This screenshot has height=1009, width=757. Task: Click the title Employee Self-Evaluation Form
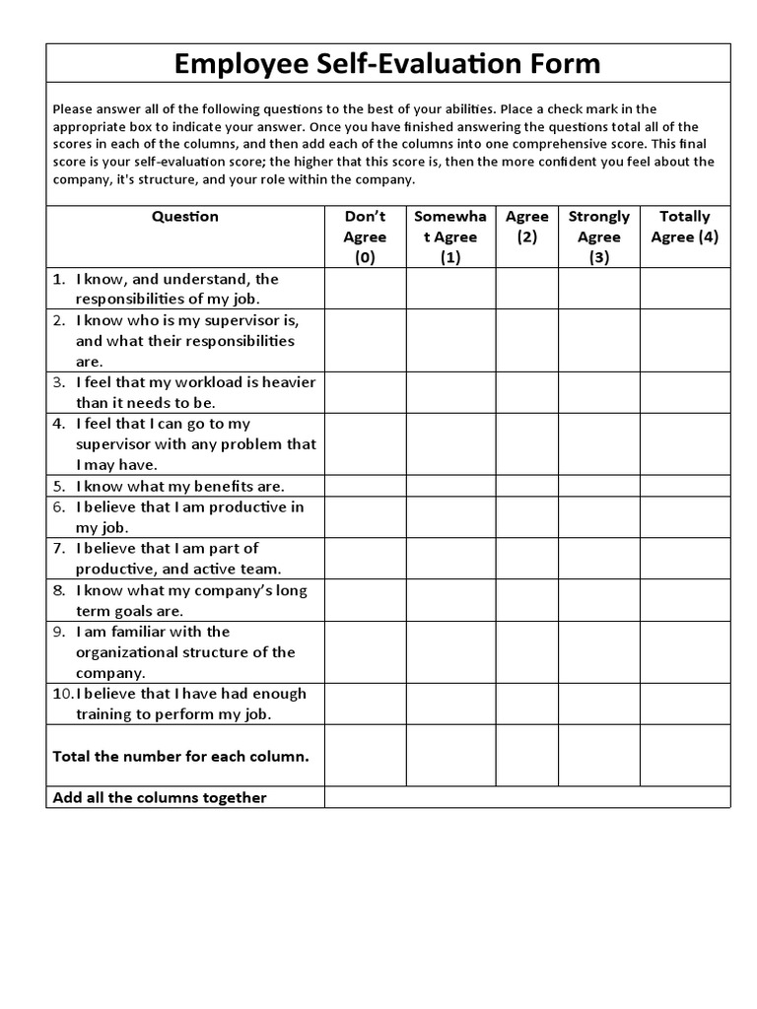(x=387, y=65)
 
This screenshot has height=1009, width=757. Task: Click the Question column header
(x=185, y=216)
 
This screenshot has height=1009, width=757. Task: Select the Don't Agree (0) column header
(x=365, y=236)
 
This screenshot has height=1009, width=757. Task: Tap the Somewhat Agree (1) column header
(x=450, y=236)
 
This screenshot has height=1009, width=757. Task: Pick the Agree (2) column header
(x=526, y=227)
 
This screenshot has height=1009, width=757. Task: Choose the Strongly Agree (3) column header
(x=598, y=236)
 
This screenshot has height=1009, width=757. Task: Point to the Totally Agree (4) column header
(x=684, y=227)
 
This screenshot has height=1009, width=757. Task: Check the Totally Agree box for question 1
(x=684, y=289)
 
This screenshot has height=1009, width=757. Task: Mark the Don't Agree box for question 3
(x=365, y=392)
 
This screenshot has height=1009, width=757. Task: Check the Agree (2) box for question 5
(x=526, y=486)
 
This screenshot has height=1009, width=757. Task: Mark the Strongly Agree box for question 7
(x=598, y=559)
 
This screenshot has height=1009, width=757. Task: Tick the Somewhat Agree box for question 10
(x=450, y=704)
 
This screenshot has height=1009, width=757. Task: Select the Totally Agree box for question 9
(x=684, y=651)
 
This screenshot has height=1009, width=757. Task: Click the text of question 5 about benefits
(x=180, y=486)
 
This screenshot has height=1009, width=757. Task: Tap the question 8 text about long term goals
(x=191, y=600)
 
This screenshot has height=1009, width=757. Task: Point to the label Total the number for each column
(x=180, y=757)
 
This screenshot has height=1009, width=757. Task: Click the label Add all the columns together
(x=160, y=797)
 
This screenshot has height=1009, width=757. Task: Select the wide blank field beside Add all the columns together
(x=526, y=797)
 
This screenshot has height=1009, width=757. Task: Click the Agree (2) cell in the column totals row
(x=526, y=756)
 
